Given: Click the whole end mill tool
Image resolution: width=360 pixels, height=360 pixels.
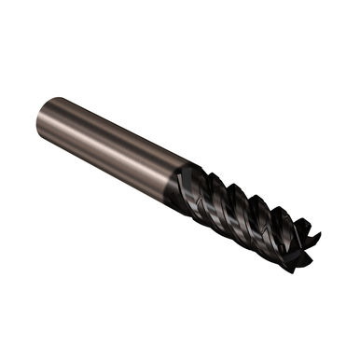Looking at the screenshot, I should pos(177,182).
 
